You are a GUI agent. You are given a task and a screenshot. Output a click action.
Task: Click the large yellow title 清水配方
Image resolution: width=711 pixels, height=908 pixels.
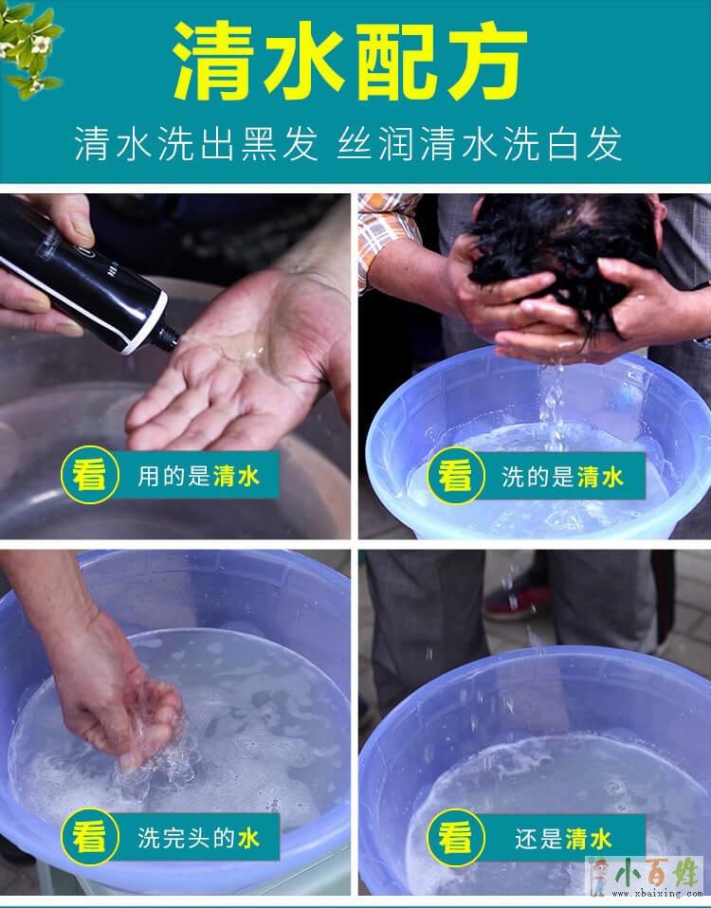(x=351, y=62)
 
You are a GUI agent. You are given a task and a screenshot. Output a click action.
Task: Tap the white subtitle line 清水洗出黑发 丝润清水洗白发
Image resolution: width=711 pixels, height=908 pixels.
(x=349, y=144)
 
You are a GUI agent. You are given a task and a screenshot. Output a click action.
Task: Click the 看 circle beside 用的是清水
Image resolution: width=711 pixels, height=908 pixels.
(x=90, y=476)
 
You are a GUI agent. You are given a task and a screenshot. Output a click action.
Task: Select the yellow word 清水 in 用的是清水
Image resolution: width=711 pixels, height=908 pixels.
(x=237, y=477)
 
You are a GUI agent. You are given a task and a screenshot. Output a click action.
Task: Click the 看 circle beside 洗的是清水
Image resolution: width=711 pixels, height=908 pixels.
(x=456, y=476)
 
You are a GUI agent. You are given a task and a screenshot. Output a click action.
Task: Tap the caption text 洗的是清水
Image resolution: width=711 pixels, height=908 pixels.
(x=562, y=477)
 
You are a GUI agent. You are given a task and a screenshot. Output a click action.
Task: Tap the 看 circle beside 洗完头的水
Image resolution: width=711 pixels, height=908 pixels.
(x=90, y=837)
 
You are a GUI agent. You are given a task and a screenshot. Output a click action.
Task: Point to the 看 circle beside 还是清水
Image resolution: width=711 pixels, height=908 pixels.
(x=456, y=837)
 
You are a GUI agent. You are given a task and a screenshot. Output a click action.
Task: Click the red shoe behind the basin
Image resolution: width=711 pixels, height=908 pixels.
(x=519, y=596)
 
